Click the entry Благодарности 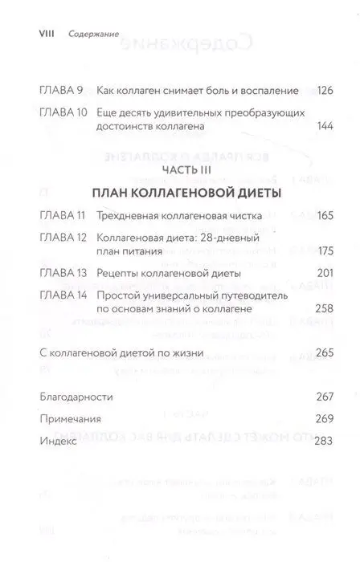pos(76,397)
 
